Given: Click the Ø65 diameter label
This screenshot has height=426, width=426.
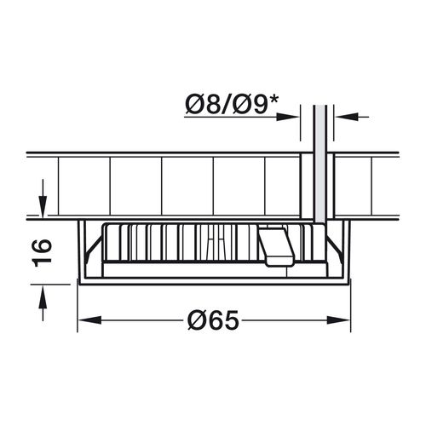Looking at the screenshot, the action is click(213, 319).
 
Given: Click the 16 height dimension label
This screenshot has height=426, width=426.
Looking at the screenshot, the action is click(43, 253).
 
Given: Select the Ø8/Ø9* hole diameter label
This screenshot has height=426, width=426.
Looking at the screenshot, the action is click(232, 105).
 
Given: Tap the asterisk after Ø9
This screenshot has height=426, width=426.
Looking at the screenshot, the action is click(273, 100).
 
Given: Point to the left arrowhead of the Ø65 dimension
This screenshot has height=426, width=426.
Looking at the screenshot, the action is click(89, 320).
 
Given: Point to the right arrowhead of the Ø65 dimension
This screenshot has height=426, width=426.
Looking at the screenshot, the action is click(338, 320).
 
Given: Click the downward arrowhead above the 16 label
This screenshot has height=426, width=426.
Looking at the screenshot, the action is click(43, 207).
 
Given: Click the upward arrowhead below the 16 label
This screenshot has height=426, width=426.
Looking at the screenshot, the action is click(43, 296).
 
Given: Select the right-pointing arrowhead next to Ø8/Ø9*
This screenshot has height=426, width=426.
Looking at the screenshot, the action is click(288, 117).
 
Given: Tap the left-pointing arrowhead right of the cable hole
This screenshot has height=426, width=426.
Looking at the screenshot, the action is click(346, 117).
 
